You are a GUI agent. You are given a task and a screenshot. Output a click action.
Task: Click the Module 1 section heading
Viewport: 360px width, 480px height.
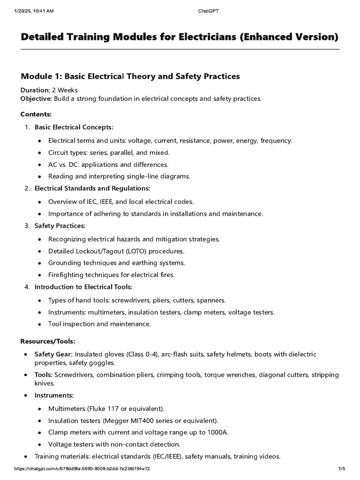(x=130, y=76)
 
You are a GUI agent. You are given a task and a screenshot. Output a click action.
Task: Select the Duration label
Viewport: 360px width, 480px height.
(x=35, y=90)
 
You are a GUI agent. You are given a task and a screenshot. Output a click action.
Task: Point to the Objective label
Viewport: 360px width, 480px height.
(x=36, y=98)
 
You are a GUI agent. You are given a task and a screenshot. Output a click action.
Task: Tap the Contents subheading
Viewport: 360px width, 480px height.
(x=36, y=114)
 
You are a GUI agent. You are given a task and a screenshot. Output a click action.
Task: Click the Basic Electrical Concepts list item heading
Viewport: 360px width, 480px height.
(x=74, y=127)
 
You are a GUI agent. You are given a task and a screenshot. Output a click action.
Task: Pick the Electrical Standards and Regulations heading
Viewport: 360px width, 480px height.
(x=92, y=188)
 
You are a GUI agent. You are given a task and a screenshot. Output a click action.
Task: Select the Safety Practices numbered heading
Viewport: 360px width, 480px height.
(x=60, y=226)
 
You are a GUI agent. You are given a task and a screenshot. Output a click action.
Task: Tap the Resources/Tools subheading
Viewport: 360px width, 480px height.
(x=48, y=341)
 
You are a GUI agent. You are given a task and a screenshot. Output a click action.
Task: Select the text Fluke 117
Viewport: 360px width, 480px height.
(x=99, y=408)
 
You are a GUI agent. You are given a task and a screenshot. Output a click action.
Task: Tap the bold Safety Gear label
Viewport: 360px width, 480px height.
(x=53, y=354)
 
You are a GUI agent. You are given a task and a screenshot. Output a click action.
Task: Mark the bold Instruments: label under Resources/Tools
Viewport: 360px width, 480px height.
(x=54, y=396)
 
